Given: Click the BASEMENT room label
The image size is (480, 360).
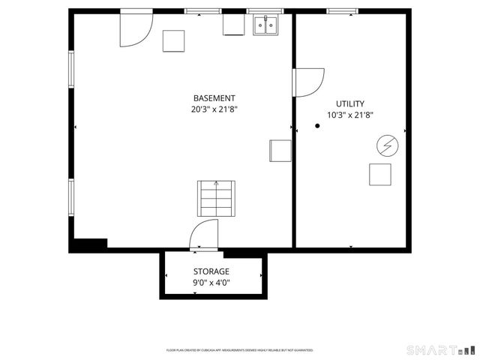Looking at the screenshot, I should point(214,98).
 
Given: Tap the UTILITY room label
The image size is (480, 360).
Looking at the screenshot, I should point(350,103).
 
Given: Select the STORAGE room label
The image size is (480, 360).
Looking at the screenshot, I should point(211,271).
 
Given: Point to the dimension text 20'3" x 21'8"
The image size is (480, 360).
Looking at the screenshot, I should point(214,109).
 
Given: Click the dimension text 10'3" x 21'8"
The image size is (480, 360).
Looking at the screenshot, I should point(350,115).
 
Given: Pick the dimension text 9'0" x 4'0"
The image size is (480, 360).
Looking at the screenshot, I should point(211,283).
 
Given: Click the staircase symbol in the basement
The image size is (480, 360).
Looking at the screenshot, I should point(215,199).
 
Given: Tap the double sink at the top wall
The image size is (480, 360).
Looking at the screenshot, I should point(264,26).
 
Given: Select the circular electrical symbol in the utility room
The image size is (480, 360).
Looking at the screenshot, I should point(386,145).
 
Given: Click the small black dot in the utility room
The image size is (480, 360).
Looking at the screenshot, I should point(317,126).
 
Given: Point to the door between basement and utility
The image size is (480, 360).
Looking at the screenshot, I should point(307,81).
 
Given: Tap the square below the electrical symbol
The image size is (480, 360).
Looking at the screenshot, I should point(380,174).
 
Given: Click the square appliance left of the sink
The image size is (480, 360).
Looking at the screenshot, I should point(233,25).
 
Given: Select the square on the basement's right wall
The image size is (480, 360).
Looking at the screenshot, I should point(280,150).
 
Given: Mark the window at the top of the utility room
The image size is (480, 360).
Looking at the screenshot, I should point(343,11).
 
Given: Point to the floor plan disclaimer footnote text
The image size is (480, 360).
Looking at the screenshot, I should point(239,350).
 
